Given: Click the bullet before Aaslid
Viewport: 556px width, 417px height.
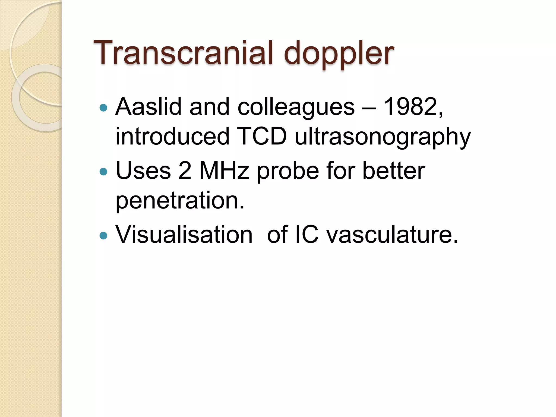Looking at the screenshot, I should (103, 108).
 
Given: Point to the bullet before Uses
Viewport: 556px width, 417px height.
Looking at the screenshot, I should (103, 172).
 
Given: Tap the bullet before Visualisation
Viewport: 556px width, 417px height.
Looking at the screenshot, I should (103, 235).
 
